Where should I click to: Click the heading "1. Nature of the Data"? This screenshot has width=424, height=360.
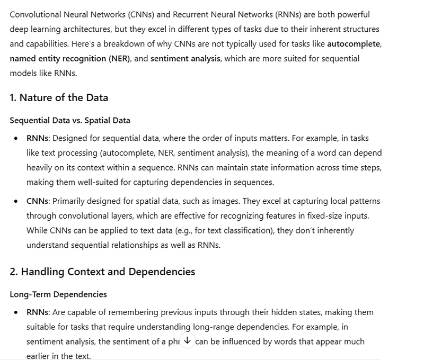click(59, 97)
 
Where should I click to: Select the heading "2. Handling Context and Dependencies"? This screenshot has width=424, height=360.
click(102, 272)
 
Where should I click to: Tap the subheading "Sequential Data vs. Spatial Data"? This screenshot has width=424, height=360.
click(70, 120)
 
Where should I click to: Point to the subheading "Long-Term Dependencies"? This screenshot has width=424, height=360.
click(58, 294)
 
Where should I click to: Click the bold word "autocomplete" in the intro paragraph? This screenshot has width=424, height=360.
click(354, 43)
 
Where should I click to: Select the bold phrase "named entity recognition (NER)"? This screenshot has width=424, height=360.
click(69, 58)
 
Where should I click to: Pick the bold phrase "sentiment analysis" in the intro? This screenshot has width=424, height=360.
click(185, 58)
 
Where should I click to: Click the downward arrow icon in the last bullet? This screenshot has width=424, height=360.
click(188, 341)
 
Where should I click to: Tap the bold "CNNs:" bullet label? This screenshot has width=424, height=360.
click(38, 201)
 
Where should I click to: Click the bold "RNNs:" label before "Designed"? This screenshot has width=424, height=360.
click(38, 138)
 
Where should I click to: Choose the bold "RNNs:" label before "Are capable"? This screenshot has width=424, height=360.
click(38, 312)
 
